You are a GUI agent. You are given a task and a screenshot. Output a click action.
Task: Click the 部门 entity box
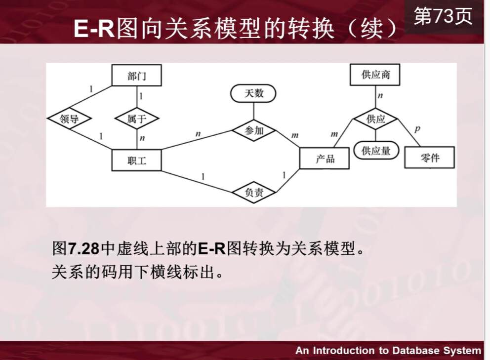pos(137,76)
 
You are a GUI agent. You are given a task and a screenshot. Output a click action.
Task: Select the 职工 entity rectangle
pos(137,160)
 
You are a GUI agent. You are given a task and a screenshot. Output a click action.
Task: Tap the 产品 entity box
pos(325,158)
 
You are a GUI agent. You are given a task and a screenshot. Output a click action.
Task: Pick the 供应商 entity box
pos(375,75)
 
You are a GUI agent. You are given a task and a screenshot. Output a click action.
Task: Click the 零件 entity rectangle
pos(429,158)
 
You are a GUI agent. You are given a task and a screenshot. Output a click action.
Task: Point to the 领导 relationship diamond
pos(70,119)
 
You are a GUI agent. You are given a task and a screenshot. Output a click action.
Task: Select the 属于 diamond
pos(137,119)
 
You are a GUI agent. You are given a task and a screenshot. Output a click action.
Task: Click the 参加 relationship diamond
pos(254,131)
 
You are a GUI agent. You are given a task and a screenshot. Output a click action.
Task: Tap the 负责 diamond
pos(254,193)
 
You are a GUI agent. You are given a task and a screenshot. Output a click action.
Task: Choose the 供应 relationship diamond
pos(375,119)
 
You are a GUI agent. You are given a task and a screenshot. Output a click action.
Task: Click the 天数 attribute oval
pos(254,93)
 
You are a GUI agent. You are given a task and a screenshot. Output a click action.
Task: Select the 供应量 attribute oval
pos(376,150)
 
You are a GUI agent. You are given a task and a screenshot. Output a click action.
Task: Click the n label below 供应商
pos(380,96)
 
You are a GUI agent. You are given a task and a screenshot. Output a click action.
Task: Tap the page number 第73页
pos(443,17)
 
